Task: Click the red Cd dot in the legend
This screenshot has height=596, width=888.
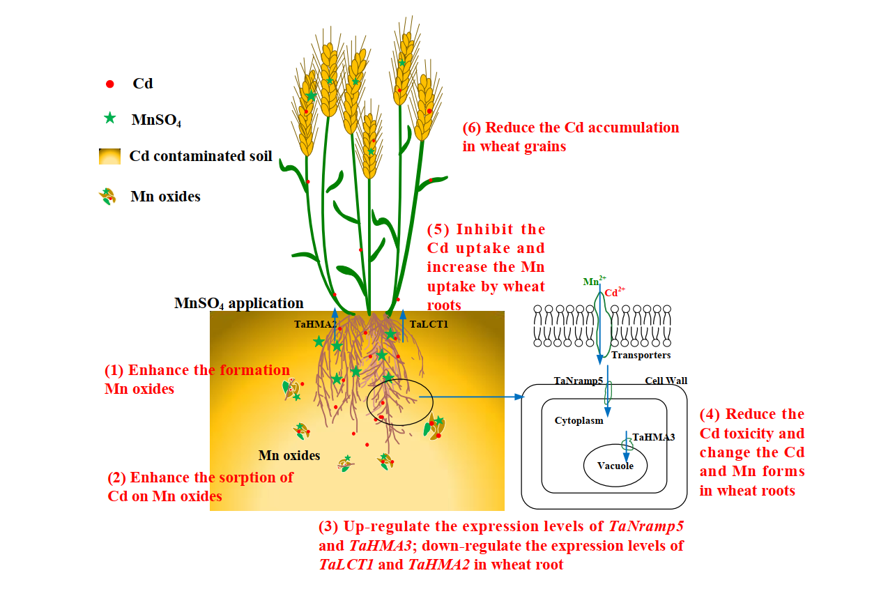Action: coord(109,84)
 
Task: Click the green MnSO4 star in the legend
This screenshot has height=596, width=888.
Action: coord(109,119)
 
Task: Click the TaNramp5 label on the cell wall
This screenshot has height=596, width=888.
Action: coord(578,381)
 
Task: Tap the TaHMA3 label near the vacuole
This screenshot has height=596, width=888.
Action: coord(653,438)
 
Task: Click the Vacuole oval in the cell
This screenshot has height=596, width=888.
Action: coord(615,465)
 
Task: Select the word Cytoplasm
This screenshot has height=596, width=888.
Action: coord(579,420)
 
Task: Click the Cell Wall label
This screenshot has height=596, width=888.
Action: coord(666,381)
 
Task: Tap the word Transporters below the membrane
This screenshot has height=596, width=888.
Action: coord(641,355)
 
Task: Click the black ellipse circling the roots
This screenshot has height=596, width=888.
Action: coord(399,402)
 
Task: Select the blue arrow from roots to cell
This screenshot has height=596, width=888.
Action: coord(474,397)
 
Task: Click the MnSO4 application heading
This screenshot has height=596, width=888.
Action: coord(238,303)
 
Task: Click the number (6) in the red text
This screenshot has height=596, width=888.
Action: coord(471,128)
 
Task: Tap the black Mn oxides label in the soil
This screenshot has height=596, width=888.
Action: coord(289,455)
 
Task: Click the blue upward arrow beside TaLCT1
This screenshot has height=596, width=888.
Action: coord(404,326)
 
